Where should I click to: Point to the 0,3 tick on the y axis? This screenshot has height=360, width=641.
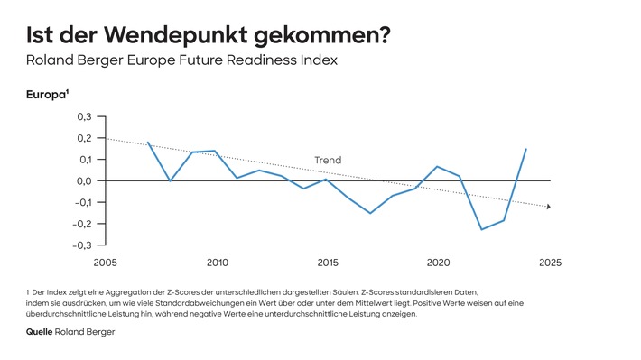83,116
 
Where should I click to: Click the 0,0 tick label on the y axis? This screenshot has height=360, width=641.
83,180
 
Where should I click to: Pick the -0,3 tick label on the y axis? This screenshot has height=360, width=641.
81,245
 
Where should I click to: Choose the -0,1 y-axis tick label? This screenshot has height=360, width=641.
81,202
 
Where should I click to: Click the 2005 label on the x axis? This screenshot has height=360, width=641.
106,263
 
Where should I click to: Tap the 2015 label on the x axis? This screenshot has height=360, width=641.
328,263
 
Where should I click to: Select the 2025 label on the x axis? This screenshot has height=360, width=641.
550,263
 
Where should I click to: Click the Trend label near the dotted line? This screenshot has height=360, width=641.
328,161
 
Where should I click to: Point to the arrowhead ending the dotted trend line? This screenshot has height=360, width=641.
547,207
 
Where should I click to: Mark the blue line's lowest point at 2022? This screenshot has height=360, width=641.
482,229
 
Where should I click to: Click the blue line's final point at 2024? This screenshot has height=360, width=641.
526,149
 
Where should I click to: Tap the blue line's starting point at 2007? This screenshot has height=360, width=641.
148,143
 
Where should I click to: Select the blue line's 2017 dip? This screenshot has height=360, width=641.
370,213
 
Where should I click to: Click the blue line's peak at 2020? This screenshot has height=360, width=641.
437,166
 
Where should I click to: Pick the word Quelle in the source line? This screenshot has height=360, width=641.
39,332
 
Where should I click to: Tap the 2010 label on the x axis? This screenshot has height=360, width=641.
217,263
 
